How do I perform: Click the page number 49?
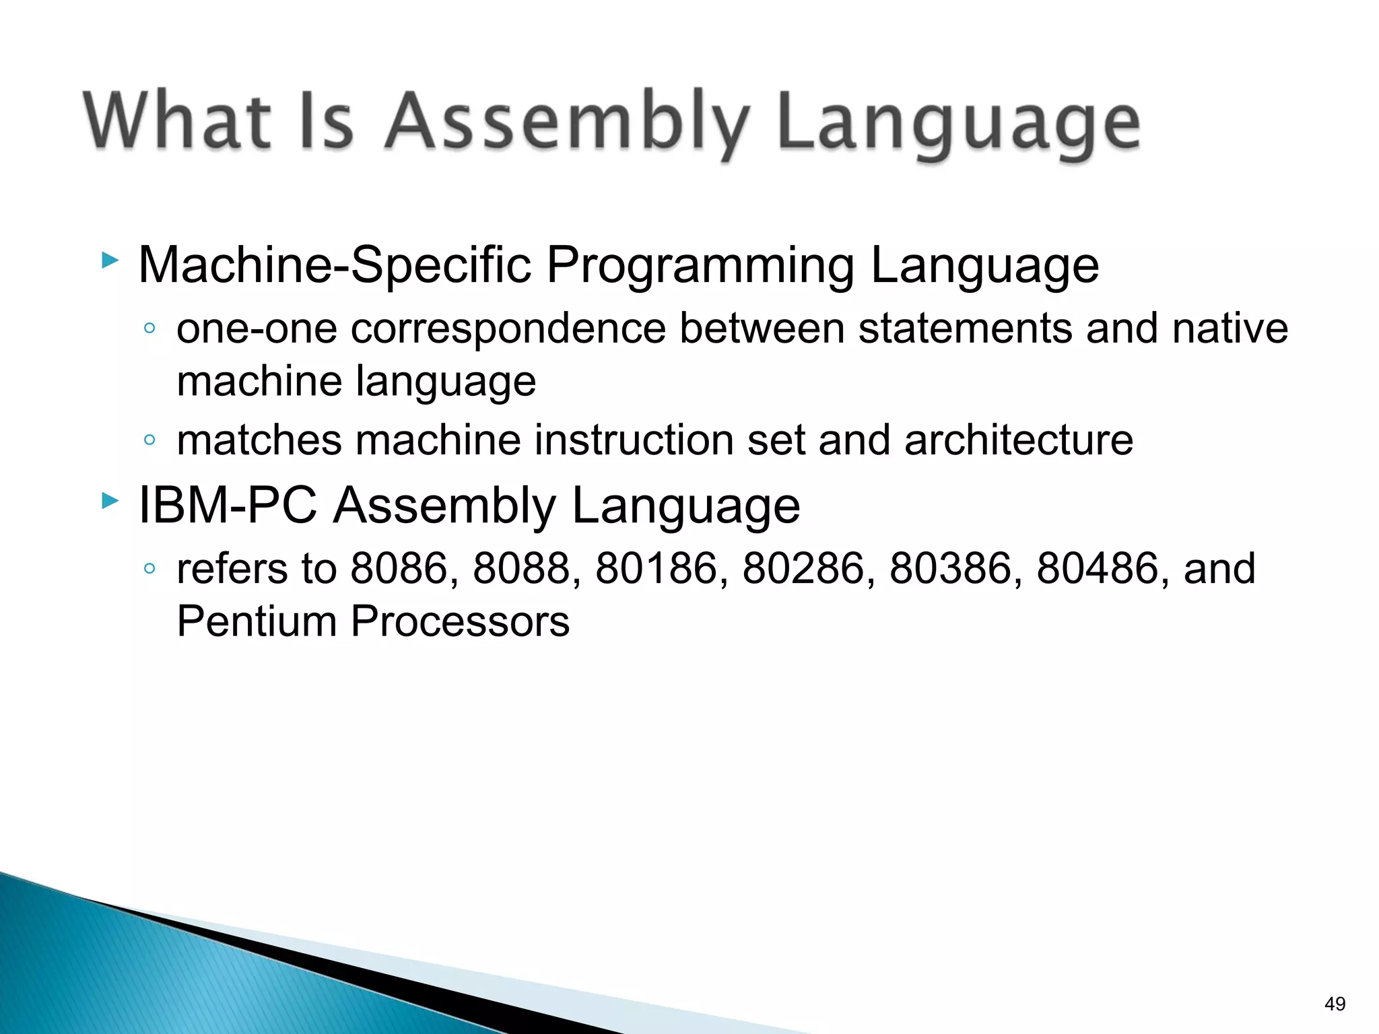1335,1004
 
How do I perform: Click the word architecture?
1018,440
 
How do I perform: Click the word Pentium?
257,621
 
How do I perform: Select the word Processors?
460,621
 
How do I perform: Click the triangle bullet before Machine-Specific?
110,261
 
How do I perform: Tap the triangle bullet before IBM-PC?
110,501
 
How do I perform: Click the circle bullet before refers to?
149,569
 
